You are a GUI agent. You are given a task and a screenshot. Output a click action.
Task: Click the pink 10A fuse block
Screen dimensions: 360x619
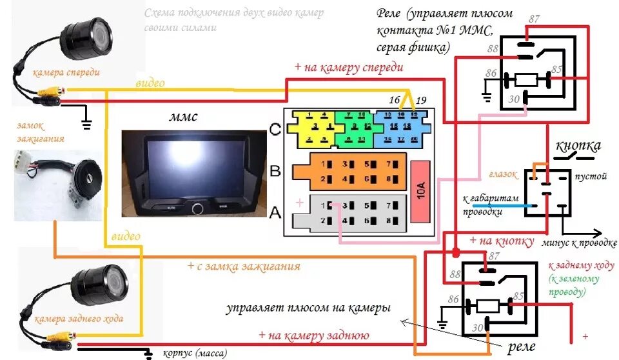(x=421, y=191)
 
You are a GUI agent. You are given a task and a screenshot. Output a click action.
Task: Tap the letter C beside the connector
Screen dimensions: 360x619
(x=275, y=129)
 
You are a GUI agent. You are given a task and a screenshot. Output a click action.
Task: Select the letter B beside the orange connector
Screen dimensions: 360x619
(x=275, y=172)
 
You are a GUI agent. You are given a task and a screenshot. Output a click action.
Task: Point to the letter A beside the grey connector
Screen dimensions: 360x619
(x=275, y=212)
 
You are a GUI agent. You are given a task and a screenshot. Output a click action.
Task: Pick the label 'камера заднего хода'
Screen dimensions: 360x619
(x=79, y=318)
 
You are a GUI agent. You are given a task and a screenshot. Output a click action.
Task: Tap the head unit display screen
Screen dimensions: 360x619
(x=194, y=166)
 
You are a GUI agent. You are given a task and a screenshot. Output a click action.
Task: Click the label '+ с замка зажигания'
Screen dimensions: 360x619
(x=243, y=266)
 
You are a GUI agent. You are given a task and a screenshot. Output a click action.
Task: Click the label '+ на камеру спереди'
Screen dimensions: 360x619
(x=348, y=67)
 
